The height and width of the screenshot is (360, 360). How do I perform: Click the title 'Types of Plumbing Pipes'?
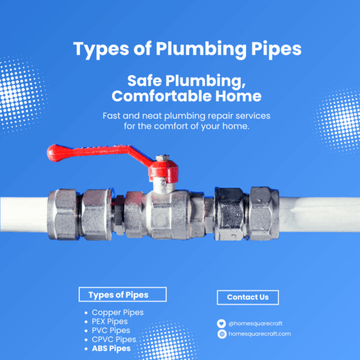pos(179,49)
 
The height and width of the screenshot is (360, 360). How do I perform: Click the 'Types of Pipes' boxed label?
pos(122,295)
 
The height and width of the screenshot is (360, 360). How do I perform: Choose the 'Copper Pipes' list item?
pos(118,312)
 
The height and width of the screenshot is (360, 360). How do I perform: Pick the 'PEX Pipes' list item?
pos(110,321)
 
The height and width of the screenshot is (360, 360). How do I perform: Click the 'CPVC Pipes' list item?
pos(114,340)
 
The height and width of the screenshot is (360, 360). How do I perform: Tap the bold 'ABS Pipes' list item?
pos(111,349)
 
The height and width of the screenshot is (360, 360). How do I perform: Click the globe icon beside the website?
pos(222,334)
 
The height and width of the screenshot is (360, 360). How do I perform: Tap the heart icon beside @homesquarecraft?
pos(222,323)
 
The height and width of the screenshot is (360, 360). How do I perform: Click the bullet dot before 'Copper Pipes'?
pos(86,313)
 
